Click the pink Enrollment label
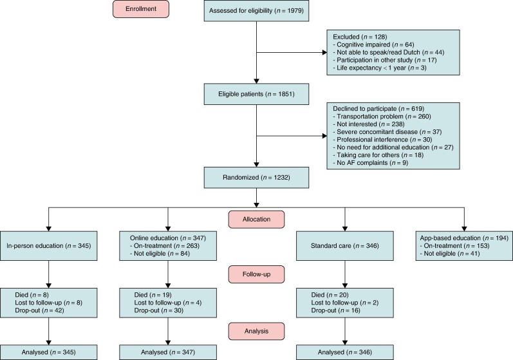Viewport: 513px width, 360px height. pyautogui.click(x=141, y=9)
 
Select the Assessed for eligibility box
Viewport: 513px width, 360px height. pyautogui.click(x=256, y=11)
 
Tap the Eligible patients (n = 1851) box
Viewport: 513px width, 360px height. pyautogui.click(x=256, y=94)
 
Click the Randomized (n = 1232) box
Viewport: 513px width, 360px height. pyautogui.click(x=256, y=178)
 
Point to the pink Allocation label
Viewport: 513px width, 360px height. pyautogui.click(x=256, y=219)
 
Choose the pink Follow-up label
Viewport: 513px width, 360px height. pyautogui.click(x=256, y=274)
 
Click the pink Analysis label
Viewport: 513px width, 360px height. pyautogui.click(x=256, y=331)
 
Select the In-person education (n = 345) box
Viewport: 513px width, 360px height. pyautogui.click(x=49, y=246)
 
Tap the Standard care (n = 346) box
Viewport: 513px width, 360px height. pyautogui.click(x=345, y=246)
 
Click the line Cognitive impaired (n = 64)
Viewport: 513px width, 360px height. pyautogui.click(x=373, y=44)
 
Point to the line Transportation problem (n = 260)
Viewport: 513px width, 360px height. pyautogui.click(x=382, y=117)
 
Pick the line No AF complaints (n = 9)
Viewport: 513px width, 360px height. pyautogui.click(x=370, y=163)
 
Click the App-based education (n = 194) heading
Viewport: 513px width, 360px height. pyautogui.click(x=464, y=238)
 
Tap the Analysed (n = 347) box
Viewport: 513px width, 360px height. pyautogui.click(x=168, y=352)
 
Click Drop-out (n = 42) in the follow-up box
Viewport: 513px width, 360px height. pyautogui.click(x=40, y=310)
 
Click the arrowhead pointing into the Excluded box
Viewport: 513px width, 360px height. pyautogui.click(x=324, y=52)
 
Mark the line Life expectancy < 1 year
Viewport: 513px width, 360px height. pyautogui.click(x=380, y=68)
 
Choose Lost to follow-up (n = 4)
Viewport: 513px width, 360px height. pyautogui.click(x=168, y=303)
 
